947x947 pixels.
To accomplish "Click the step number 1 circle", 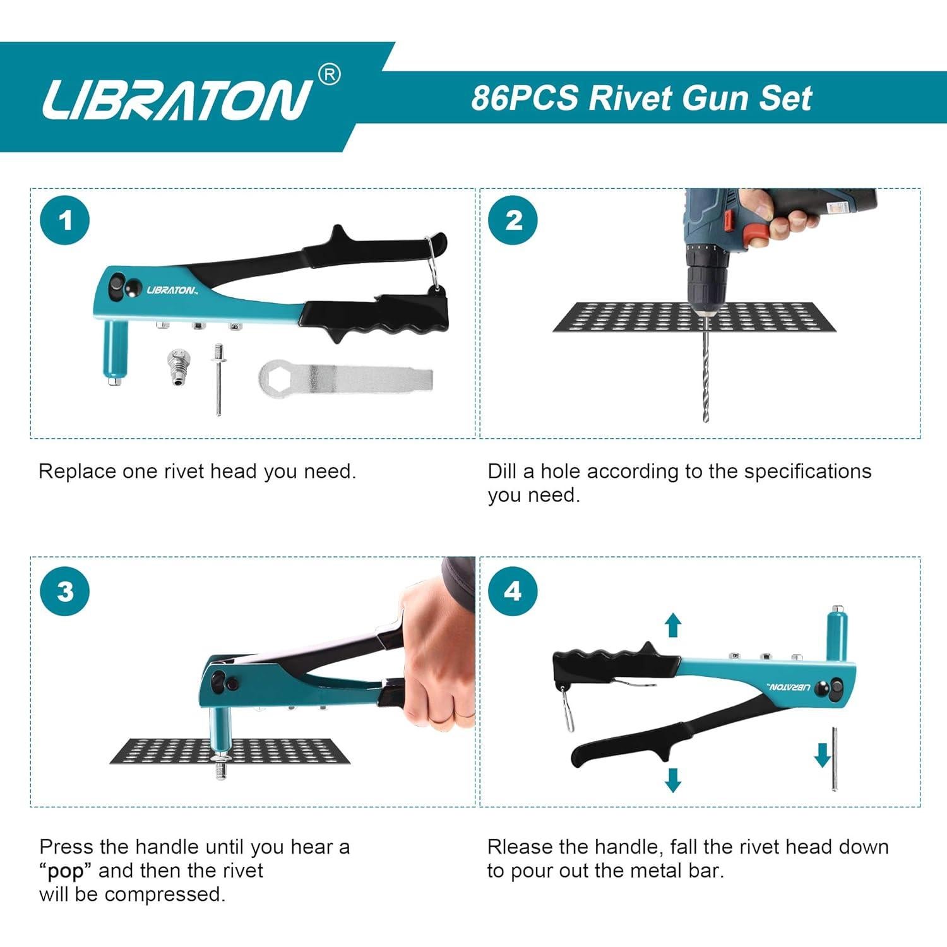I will point(64,220).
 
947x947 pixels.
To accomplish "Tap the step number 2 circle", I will point(513,220).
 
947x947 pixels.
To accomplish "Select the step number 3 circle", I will point(64,592).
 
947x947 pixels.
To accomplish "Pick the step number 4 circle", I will point(513,592).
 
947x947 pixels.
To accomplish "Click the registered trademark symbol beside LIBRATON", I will point(328,74).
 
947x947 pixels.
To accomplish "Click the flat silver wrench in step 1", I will point(345,379).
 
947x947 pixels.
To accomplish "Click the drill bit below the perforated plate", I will point(706,379).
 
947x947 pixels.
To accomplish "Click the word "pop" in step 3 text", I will point(66,871).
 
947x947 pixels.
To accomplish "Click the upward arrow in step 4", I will point(674,624).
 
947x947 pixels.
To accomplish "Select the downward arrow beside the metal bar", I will point(822,754).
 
